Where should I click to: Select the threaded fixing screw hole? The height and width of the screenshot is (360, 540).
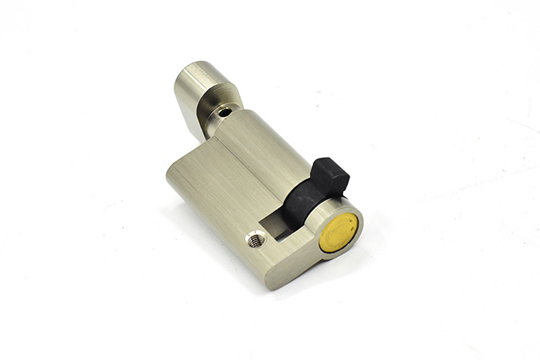tap(255, 238)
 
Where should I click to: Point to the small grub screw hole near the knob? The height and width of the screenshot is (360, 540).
tap(226, 113)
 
